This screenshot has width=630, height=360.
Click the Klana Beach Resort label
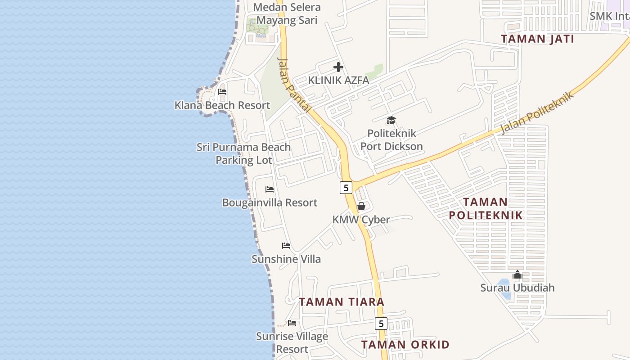pos(222,105)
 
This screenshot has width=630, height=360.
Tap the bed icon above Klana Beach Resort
pos(222,92)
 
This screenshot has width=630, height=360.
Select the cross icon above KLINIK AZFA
pos(338,67)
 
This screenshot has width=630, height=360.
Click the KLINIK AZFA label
pos(338,81)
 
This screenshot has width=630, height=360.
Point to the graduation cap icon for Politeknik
pos(391,120)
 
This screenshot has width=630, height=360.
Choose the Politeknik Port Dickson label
pos(391,140)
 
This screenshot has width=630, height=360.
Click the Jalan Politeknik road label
pos(537,112)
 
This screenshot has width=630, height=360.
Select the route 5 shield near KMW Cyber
pos(346,188)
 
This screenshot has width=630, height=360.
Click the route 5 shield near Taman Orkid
pos(381,324)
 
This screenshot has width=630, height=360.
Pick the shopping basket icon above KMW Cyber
pos(361,207)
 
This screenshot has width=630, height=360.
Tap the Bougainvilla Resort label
pos(270,202)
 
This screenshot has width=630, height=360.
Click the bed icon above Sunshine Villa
pos(286,246)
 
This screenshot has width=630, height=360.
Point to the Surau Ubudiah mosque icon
pos(517,274)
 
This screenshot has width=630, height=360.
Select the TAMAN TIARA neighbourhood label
pos(342,302)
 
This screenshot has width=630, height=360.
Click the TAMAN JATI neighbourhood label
pos(537,39)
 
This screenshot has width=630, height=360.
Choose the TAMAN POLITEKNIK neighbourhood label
pos(486,208)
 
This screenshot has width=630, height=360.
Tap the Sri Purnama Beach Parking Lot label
pos(243,153)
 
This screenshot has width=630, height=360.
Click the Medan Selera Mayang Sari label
pos(287,13)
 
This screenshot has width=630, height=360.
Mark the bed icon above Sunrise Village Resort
pos(292,323)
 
